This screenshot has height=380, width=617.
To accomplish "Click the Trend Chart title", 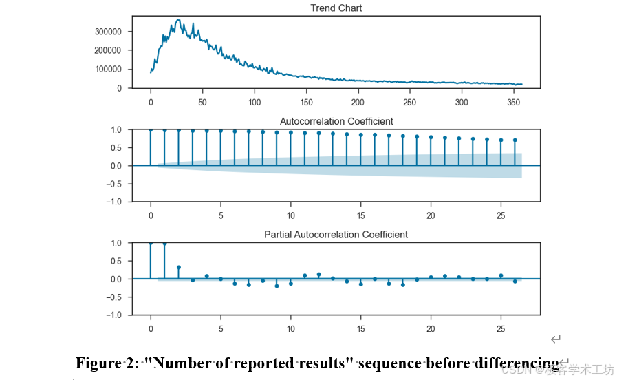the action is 336,8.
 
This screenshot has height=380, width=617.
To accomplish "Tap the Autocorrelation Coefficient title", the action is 336,121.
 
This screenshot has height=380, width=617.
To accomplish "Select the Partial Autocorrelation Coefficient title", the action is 336,235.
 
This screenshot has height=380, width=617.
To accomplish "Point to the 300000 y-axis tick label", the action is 108,32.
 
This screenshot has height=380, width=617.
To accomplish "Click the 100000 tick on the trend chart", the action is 108,70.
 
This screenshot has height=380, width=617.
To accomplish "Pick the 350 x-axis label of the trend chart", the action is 514,103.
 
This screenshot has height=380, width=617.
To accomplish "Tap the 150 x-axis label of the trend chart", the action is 306,103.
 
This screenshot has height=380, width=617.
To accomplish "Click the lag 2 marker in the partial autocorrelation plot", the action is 179,267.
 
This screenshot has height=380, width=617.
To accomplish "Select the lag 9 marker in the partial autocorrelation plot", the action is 277,286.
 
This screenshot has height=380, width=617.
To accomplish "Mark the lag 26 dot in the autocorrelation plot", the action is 515,140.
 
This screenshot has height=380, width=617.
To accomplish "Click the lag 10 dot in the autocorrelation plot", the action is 291,133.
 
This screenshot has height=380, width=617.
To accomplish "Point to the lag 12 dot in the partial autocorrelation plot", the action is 318,275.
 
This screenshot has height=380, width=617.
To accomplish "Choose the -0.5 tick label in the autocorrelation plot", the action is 114,184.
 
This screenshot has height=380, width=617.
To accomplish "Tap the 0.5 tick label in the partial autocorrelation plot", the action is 116,261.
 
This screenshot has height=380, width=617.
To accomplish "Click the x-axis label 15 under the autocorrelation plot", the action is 361,215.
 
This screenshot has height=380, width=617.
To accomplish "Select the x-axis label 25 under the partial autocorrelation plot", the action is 501,329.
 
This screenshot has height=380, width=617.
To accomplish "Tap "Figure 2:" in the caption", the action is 107,363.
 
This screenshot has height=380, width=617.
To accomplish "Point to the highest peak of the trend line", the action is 178,19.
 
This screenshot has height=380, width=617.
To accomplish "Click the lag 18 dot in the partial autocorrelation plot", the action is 403,285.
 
